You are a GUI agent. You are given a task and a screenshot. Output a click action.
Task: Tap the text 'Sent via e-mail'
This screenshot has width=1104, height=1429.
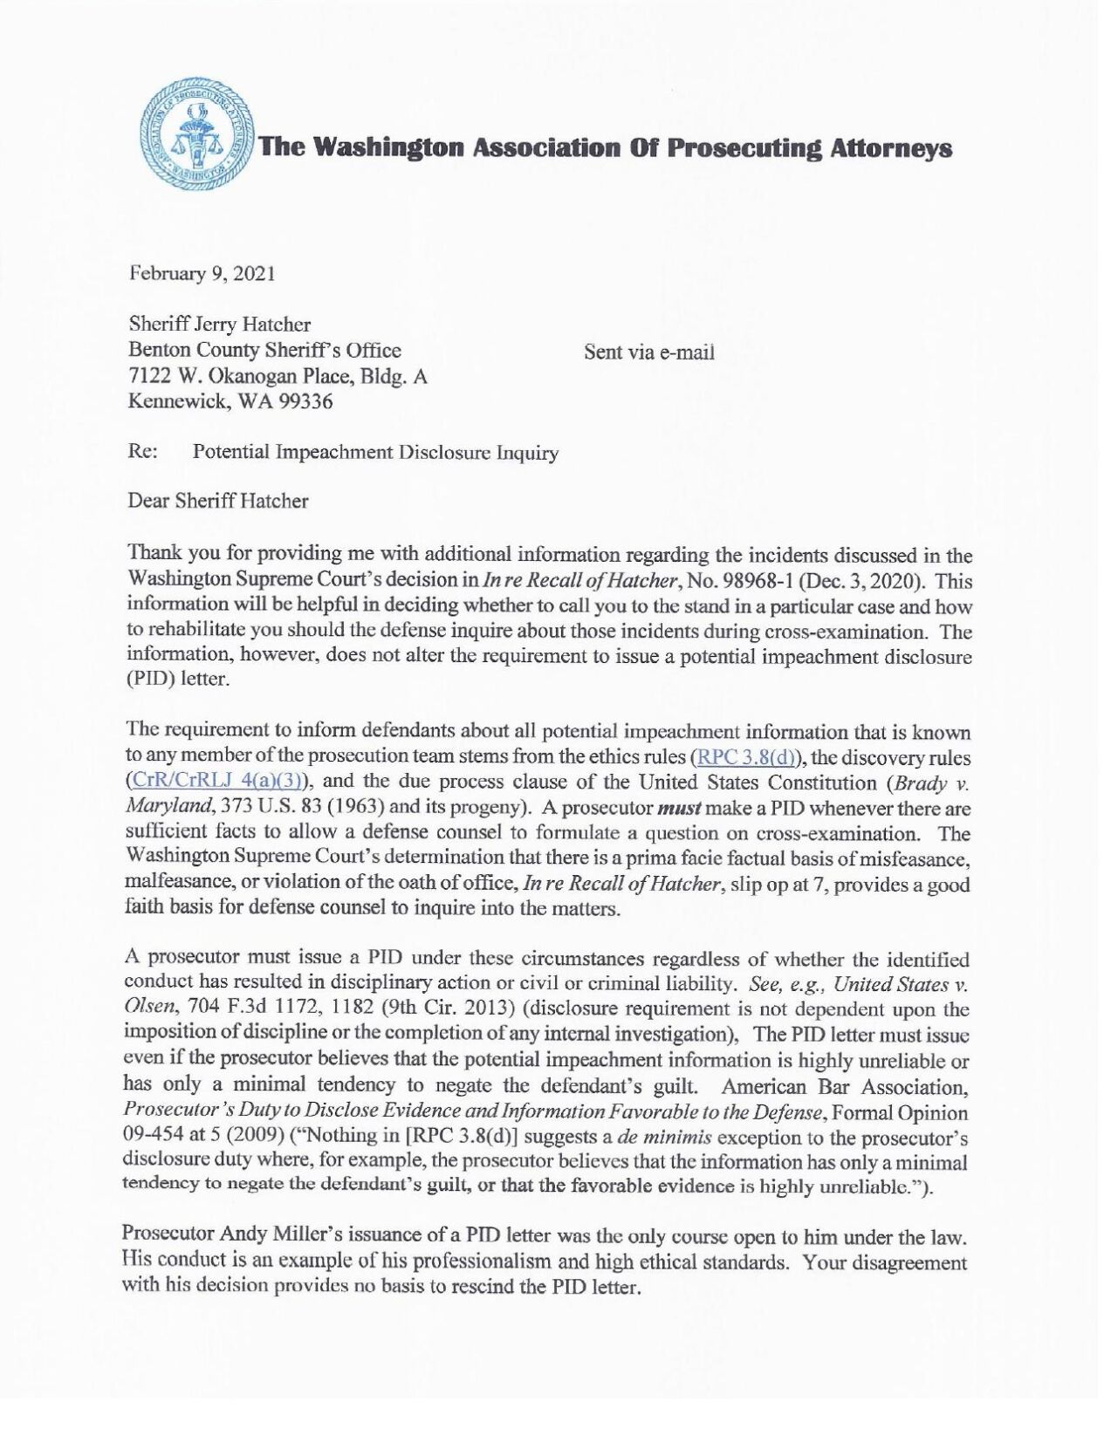coord(649,352)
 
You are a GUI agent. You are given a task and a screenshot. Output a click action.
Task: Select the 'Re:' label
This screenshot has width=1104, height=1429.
coord(142,452)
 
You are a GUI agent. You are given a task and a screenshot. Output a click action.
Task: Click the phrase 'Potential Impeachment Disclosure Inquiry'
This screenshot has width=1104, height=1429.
coord(375,452)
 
